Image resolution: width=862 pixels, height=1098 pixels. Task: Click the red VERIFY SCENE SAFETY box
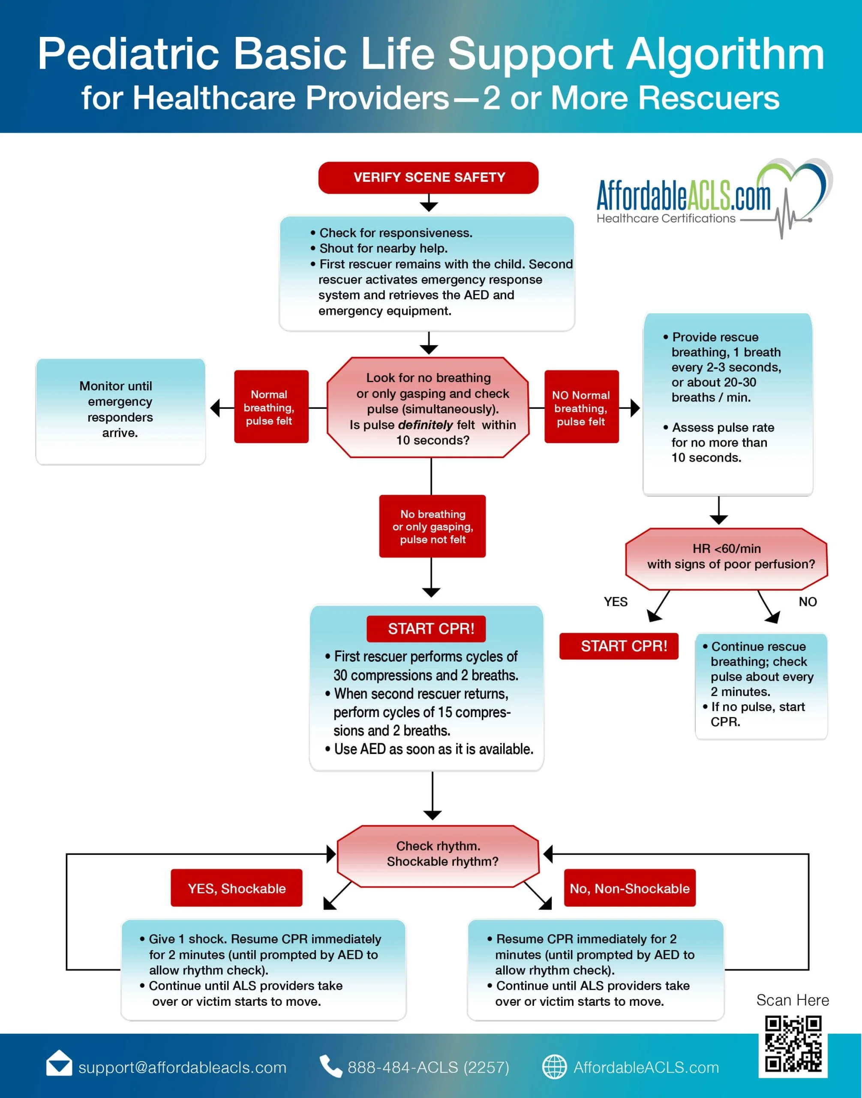pos(428,177)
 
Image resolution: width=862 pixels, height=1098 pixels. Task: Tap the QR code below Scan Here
pos(793,1044)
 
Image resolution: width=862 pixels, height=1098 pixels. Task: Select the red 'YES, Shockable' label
pos(236,888)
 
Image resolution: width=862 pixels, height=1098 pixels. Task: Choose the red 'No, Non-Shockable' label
pos(629,888)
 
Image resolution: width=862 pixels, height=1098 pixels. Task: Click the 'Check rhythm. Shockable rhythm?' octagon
pos(438,856)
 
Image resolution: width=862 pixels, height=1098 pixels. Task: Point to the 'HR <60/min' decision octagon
pos(726,558)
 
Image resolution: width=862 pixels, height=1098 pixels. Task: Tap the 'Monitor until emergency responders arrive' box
pos(120,411)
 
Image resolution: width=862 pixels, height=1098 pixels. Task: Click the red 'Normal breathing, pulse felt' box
pos(271,407)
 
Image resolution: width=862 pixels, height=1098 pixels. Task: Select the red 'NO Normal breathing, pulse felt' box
pos(581,407)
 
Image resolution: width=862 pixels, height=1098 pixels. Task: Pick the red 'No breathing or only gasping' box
pos(433,526)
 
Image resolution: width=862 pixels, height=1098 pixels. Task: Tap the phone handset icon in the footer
pos(330,1066)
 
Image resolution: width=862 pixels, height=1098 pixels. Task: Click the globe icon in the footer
pos(554,1067)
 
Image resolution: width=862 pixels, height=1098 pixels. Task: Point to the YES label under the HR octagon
pos(616,601)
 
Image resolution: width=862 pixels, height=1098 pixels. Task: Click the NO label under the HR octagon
pos(808,601)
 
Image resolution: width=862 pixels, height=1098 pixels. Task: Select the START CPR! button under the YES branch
pos(619,646)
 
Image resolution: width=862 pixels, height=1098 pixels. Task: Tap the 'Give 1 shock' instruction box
pos(264,970)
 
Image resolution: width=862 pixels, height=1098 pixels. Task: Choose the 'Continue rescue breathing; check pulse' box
pos(761,686)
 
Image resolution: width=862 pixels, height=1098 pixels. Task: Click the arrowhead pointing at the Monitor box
pos(215,407)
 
